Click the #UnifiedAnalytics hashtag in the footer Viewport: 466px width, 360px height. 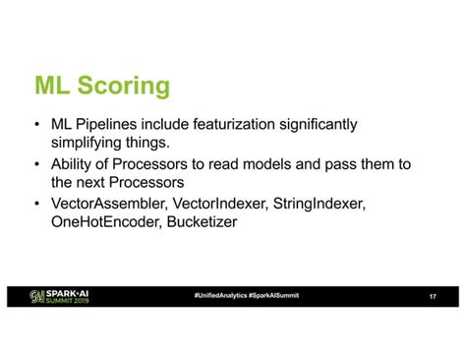coord(221,296)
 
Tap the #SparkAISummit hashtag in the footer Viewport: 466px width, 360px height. coord(274,296)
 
